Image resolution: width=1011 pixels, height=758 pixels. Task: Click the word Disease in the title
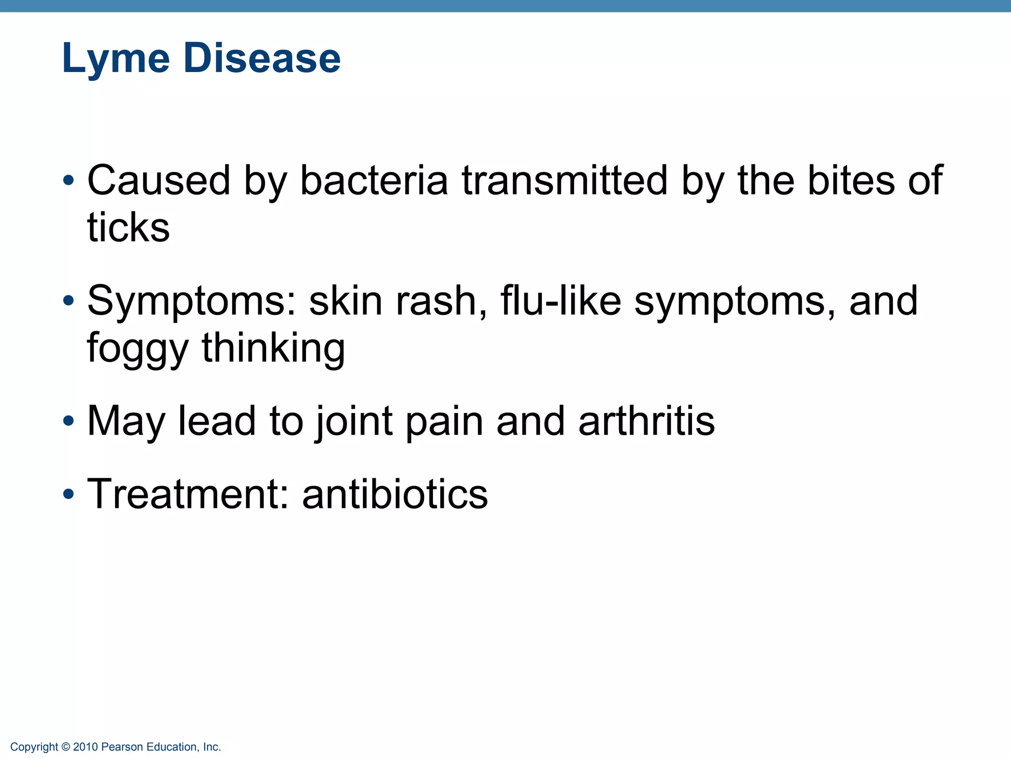[x=262, y=58]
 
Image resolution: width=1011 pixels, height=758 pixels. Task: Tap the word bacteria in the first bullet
[x=374, y=181]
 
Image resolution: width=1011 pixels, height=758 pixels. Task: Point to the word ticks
[x=128, y=228]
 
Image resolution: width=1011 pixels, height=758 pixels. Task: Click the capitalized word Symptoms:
[x=192, y=302]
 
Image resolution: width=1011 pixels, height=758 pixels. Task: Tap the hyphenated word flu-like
[x=560, y=301]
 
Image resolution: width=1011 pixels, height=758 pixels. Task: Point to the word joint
[x=353, y=422]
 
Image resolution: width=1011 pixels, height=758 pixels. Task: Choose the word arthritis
[x=646, y=421]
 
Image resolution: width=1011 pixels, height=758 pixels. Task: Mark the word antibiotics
[x=395, y=494]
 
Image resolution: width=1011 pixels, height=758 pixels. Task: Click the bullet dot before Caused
[x=69, y=181]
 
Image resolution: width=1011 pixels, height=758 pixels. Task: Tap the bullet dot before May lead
[x=69, y=422]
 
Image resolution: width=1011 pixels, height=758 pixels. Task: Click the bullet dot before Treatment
[x=69, y=494]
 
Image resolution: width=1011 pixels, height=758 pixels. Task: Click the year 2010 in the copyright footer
[x=85, y=747]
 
